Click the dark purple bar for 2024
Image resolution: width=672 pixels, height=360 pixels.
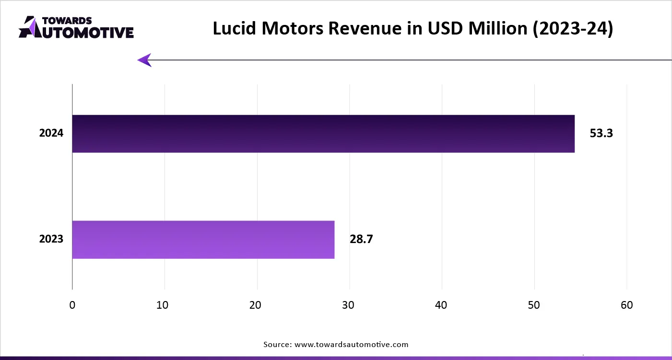coord(323,134)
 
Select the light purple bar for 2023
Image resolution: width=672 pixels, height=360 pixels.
coord(203,240)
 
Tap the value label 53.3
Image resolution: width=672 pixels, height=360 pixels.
coord(601,134)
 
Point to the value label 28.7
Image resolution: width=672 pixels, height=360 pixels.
coord(361,239)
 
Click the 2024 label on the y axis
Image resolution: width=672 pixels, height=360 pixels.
coord(51,134)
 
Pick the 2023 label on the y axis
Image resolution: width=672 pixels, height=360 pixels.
coord(51,239)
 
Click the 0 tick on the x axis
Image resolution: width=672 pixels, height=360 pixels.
coord(72,305)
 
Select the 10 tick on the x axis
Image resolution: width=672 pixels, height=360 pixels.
coord(165,305)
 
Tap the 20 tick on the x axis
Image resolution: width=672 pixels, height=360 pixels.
coord(257,305)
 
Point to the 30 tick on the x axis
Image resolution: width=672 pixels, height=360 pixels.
coord(350,305)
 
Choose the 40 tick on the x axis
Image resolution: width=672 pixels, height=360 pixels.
coord(442,305)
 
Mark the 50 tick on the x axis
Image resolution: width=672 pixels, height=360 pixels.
coord(534,305)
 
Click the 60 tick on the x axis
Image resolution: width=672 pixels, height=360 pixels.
coord(627,305)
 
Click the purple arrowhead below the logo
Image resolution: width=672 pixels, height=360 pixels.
coord(145,60)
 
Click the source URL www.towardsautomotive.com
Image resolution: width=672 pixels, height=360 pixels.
coord(351,344)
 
